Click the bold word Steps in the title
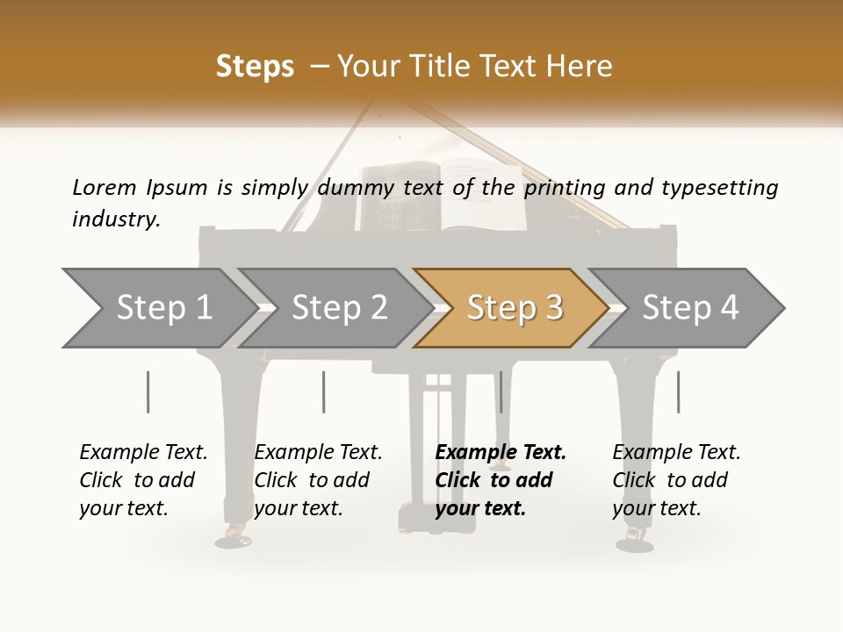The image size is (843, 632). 255,67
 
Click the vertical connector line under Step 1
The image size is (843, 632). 148,391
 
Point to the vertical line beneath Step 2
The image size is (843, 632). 324,391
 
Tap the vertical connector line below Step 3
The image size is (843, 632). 501,391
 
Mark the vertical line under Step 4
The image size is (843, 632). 678,391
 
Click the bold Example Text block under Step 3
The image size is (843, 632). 501,480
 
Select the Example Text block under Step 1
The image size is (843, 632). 143,480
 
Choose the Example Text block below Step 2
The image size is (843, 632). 318,480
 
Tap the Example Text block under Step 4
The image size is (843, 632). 676,480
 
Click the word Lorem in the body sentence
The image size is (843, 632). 104,188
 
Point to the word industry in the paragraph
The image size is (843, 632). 116,219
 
